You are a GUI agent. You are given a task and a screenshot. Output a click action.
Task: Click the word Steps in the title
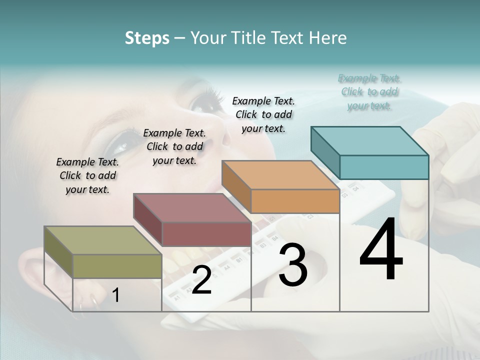coord(147,38)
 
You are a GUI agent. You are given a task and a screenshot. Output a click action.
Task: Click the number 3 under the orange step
coord(292,265)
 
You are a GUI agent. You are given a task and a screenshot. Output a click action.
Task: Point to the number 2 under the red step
coord(201,280)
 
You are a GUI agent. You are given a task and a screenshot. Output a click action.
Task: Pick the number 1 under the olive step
coord(116,295)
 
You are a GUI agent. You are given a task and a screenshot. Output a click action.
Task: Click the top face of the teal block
coord(370,140)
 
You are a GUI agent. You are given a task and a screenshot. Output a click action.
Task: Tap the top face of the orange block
coord(280,175)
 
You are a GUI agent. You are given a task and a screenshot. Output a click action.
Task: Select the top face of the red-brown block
coord(192,207)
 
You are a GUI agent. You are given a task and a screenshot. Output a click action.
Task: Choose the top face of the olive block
coord(103,240)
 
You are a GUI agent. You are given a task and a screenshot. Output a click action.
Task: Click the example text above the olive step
coord(87,175)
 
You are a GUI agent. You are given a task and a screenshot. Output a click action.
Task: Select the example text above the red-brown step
coord(174,146)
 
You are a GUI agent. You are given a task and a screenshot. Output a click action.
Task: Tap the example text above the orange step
coord(263,114)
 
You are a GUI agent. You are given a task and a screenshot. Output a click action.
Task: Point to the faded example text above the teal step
coord(369,91)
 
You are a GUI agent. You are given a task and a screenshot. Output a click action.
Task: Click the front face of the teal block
coord(384,167)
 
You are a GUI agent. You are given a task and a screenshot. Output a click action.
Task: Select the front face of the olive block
coord(117,266)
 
